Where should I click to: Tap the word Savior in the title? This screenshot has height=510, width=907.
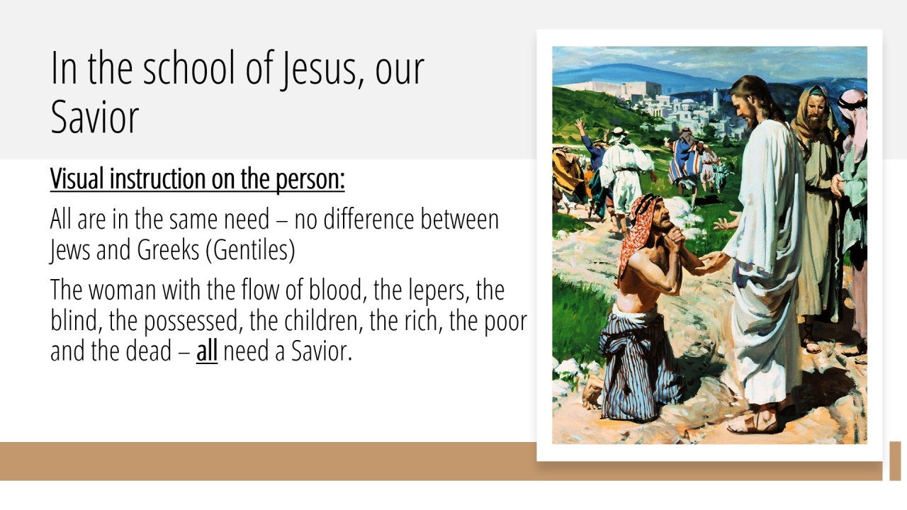click(x=95, y=117)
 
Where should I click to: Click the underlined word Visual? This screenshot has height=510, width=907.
click(x=77, y=178)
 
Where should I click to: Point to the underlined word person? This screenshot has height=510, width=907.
click(x=310, y=179)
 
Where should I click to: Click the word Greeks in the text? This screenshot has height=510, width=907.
click(x=168, y=250)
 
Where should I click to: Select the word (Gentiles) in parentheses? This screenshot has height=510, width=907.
click(x=251, y=250)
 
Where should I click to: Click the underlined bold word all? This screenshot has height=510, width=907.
click(x=207, y=351)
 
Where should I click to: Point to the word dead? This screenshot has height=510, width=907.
click(x=149, y=351)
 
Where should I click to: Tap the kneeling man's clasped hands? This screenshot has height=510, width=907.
click(x=676, y=239)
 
